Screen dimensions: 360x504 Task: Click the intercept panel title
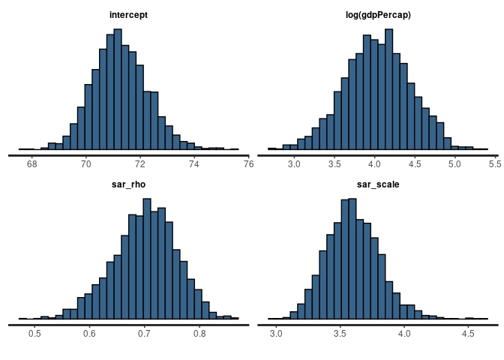tap(128, 14)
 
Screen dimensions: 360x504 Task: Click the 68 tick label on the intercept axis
tap(31, 163)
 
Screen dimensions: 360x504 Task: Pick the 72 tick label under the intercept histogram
tap(140, 163)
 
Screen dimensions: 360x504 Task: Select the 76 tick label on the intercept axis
tap(248, 163)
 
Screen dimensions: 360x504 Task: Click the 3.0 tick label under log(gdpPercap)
tap(294, 163)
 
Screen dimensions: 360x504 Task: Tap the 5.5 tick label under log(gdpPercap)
tap(495, 163)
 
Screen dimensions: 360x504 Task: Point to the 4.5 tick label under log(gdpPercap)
tap(415, 163)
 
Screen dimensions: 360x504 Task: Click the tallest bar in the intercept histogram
tap(118, 90)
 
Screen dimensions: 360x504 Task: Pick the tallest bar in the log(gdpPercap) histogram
tap(388, 90)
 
